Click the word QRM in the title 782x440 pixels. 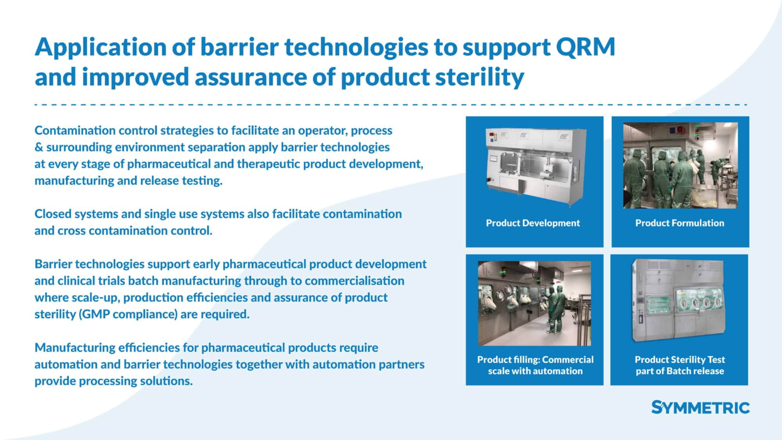(x=585, y=47)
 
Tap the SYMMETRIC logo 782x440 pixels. (x=700, y=407)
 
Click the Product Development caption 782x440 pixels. (x=533, y=223)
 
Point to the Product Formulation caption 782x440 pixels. (x=680, y=223)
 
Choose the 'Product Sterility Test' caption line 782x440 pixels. (x=680, y=359)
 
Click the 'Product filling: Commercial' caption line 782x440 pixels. (x=535, y=359)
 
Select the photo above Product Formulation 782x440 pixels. (x=680, y=165)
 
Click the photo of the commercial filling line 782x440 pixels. (x=534, y=304)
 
